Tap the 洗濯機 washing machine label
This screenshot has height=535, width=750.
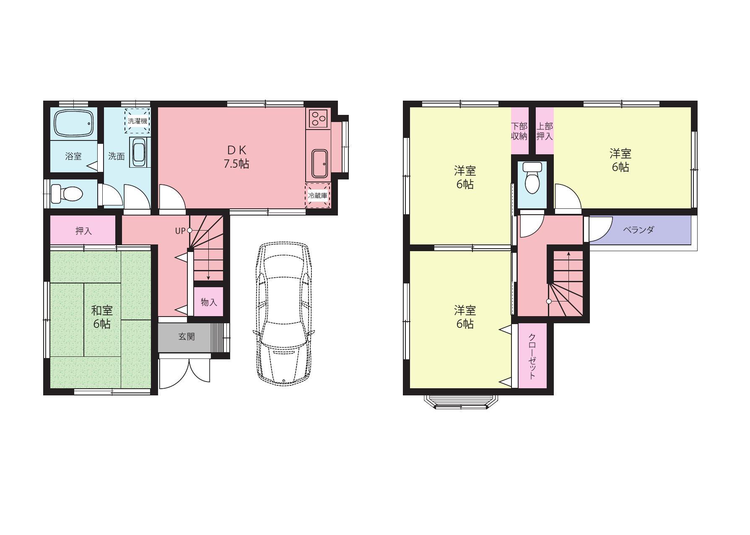pos(138,121)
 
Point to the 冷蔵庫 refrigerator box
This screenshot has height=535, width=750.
pos(317,195)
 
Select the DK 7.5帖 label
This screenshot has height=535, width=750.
pos(236,157)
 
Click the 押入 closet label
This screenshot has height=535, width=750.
pos(83,231)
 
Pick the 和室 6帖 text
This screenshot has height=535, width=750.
pos(102,317)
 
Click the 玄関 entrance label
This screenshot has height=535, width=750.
pos(187,337)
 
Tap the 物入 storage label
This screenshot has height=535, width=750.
pos(209,302)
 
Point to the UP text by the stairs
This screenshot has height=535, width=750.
pos(180,231)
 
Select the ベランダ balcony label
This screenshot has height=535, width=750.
pos(638,230)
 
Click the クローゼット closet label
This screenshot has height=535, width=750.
pos(532,356)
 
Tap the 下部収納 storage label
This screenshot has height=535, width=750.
pos(519,131)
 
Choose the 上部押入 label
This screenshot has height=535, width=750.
pos(545,131)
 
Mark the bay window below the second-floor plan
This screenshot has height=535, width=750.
pos(461,401)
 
